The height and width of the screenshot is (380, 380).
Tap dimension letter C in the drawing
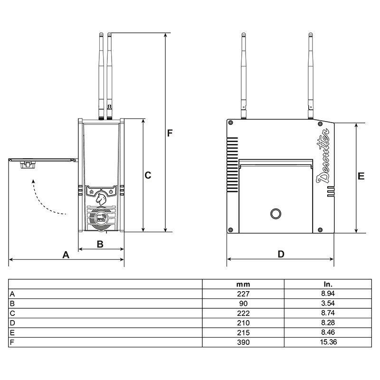pos(148,175)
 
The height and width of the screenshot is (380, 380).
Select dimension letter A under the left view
pos(66,255)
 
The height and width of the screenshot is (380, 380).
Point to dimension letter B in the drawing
pos(100,244)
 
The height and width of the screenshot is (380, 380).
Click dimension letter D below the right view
pos(281,254)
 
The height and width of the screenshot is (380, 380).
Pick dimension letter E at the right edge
pos(361,176)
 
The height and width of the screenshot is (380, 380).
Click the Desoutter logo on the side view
pos(324,157)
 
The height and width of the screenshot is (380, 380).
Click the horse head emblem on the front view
pos(101,198)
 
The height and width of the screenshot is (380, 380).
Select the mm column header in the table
pos(243,284)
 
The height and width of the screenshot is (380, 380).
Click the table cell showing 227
pos(243,294)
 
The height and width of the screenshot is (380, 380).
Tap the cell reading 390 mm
pos(243,342)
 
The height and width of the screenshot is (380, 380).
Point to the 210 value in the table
pos(243,323)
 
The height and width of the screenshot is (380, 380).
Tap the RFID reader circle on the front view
pos(100,219)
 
